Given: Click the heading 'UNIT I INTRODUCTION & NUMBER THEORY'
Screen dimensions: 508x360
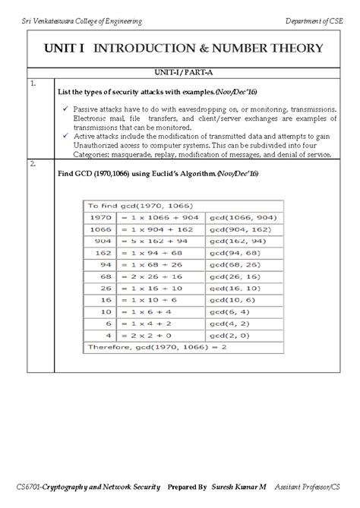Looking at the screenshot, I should click(183, 49).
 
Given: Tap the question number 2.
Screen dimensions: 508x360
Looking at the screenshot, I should click(33, 163).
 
